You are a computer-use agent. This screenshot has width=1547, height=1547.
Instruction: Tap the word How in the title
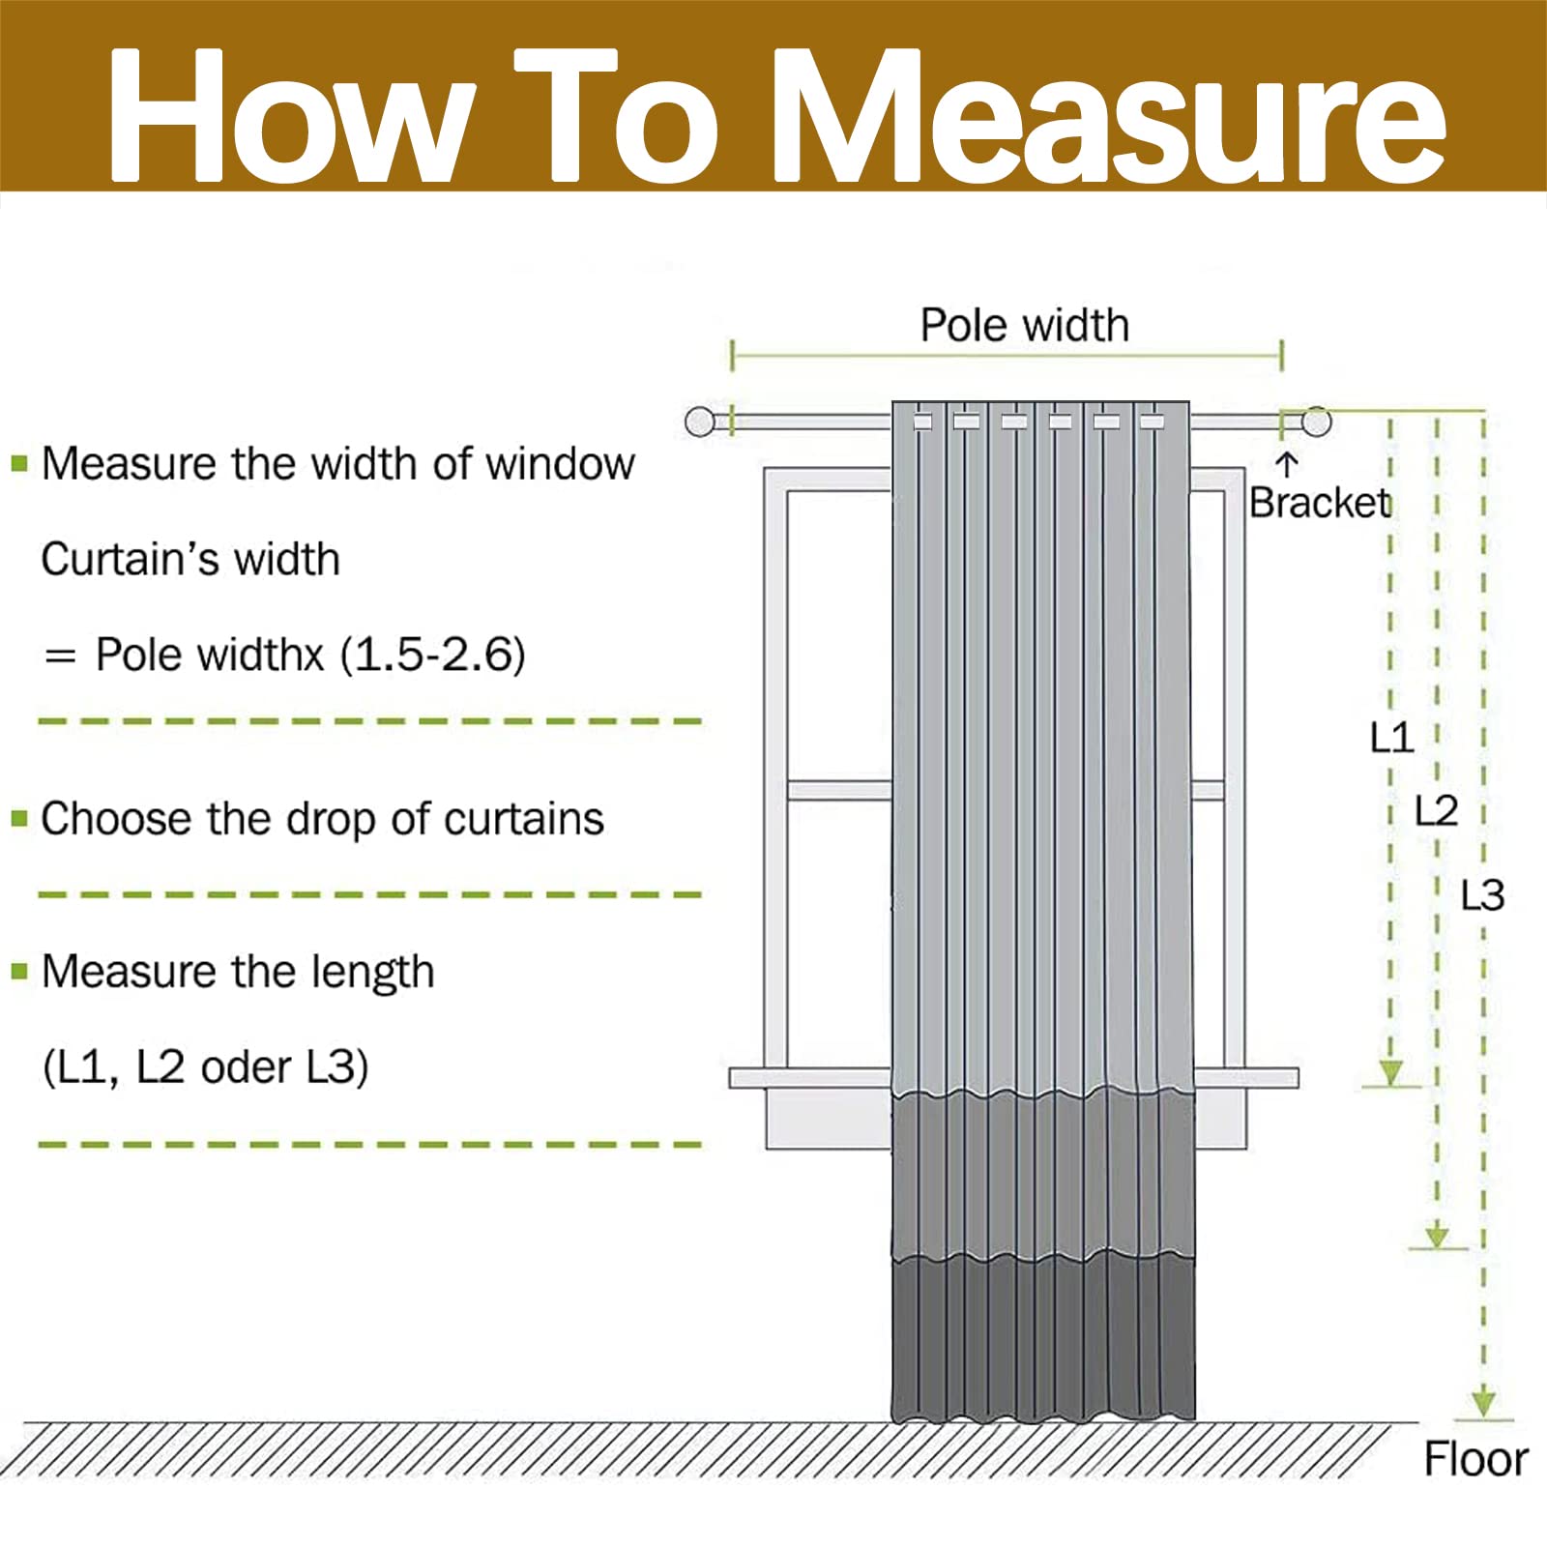[290, 116]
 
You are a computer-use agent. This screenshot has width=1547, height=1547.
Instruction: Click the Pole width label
[1024, 325]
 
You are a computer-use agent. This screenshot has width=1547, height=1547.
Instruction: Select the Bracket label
[1319, 503]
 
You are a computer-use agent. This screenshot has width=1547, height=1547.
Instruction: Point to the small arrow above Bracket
[1286, 464]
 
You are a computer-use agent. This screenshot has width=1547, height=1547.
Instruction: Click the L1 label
[1391, 738]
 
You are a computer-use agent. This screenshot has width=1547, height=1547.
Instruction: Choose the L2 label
[1436, 811]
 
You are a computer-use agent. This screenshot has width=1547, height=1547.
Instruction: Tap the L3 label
[1482, 896]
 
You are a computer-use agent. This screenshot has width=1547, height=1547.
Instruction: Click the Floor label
[1475, 1459]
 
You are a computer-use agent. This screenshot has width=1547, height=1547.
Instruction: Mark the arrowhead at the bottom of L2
[1437, 1236]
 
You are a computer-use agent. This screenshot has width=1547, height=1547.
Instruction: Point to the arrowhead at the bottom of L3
[1483, 1404]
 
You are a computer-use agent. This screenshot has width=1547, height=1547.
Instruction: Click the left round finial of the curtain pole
[699, 422]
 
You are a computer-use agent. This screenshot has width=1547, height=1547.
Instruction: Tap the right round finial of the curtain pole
[1316, 422]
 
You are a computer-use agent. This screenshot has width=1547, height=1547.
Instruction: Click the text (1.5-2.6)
[432, 656]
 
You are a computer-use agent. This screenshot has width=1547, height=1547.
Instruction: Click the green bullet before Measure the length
[19, 970]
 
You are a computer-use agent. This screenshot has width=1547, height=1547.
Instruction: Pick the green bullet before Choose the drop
[19, 819]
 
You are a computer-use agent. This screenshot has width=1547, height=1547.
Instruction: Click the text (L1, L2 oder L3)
[205, 1068]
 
